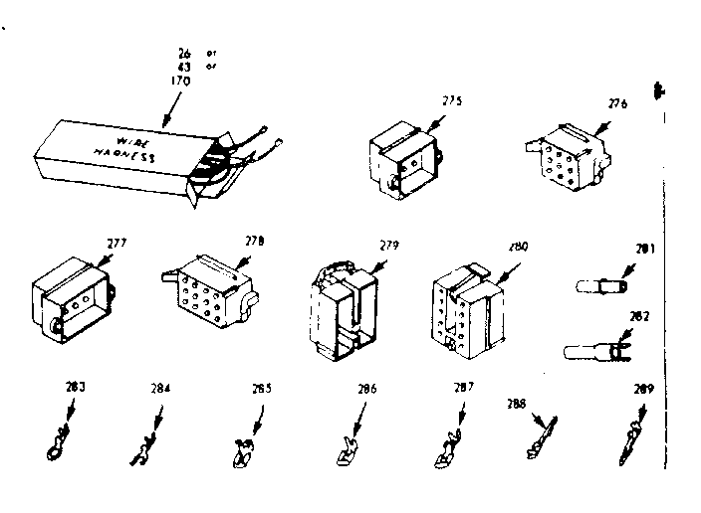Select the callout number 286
[x=367, y=391]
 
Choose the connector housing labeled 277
[x=74, y=298]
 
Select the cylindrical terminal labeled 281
[x=600, y=287]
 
